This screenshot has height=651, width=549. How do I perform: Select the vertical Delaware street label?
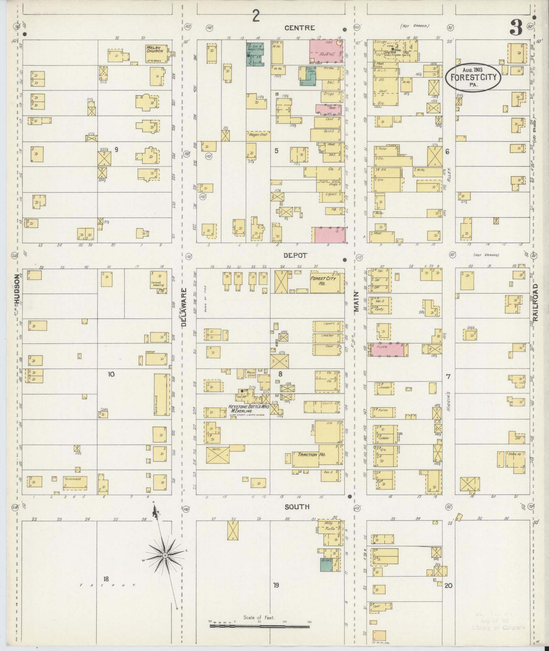click(184, 307)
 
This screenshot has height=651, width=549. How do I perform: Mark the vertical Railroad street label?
click(536, 303)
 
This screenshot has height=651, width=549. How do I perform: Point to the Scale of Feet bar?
click(259, 625)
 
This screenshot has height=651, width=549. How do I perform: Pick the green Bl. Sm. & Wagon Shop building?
click(255, 54)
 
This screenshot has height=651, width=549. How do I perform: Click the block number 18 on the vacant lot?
click(106, 579)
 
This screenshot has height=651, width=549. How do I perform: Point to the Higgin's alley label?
click(449, 402)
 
